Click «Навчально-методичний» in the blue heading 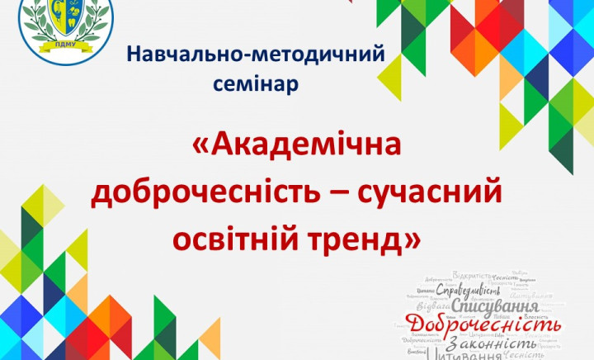256,55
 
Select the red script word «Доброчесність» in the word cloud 483,324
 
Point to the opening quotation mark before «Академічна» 201,147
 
